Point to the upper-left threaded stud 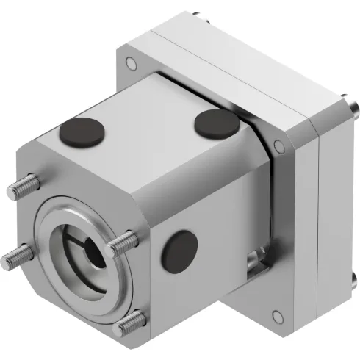23,187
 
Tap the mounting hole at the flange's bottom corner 277,317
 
